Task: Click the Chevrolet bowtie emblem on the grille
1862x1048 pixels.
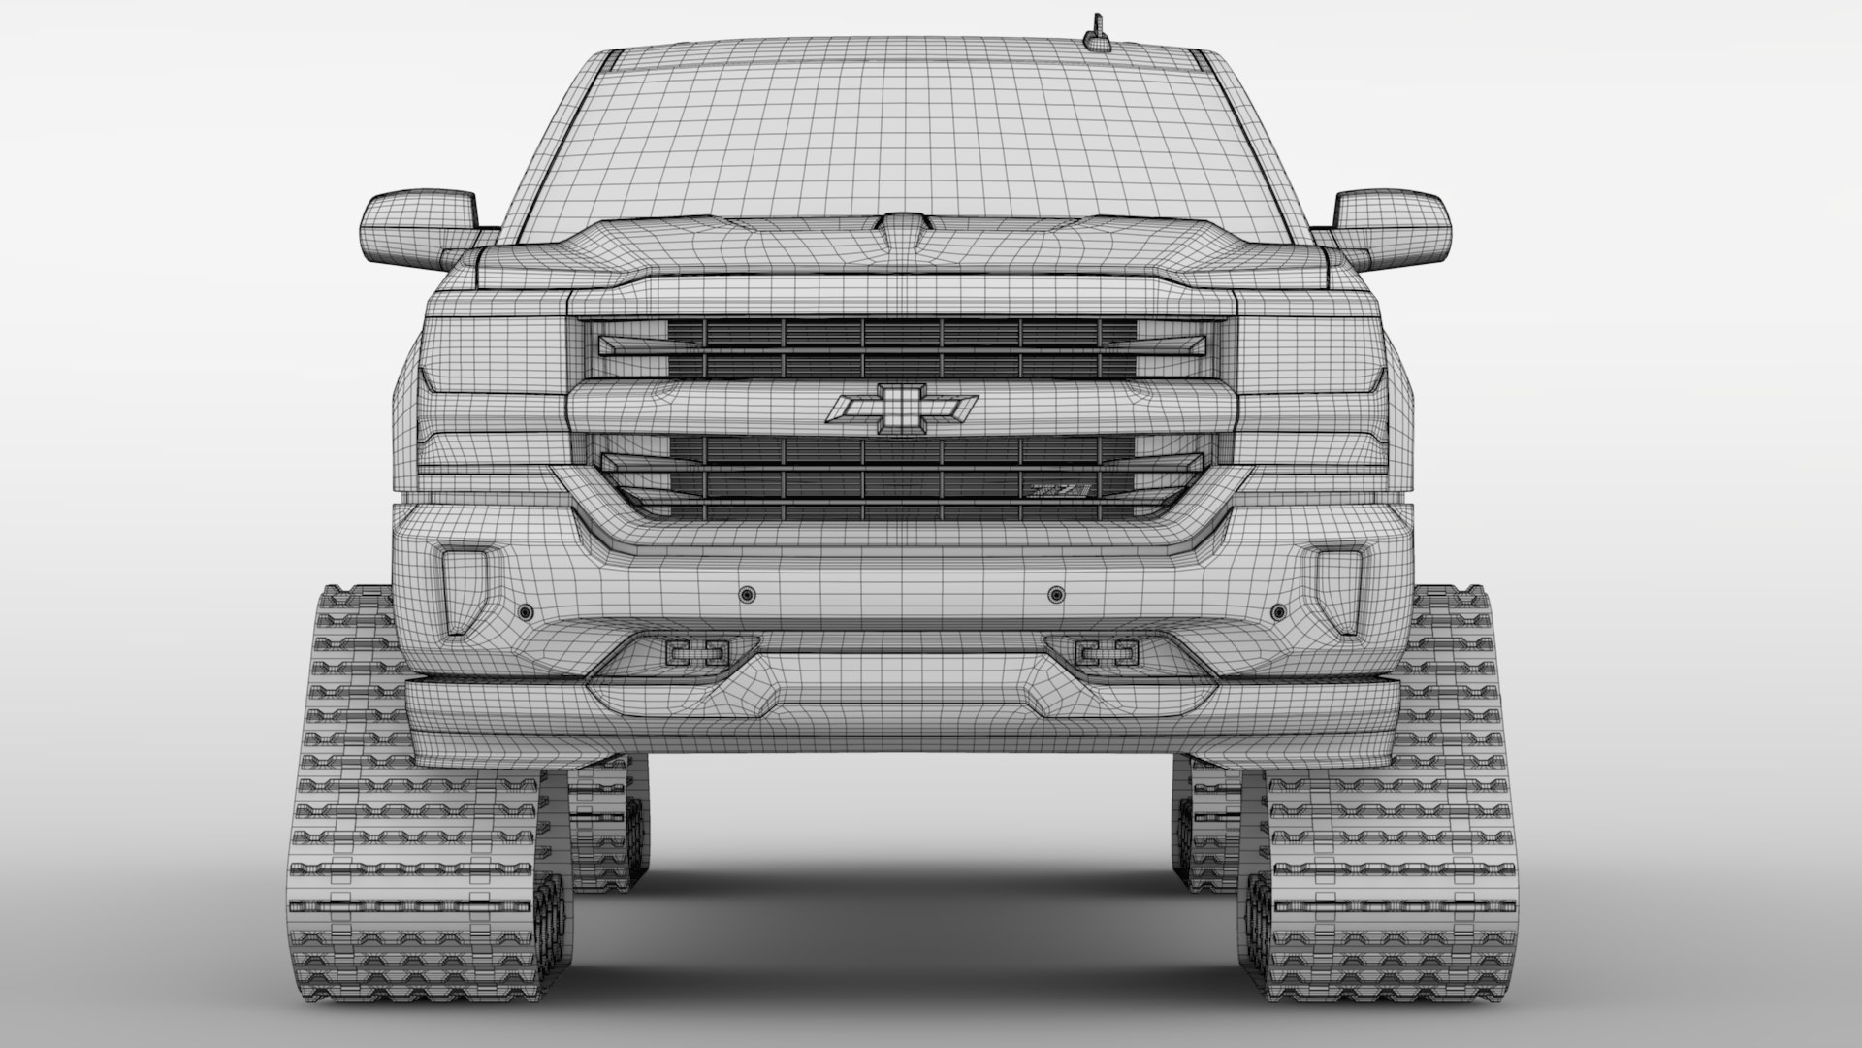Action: click(x=903, y=409)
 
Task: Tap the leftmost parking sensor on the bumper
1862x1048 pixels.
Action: click(x=526, y=612)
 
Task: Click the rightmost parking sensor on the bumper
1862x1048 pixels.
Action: click(x=1278, y=612)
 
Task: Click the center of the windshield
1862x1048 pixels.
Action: click(x=902, y=136)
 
